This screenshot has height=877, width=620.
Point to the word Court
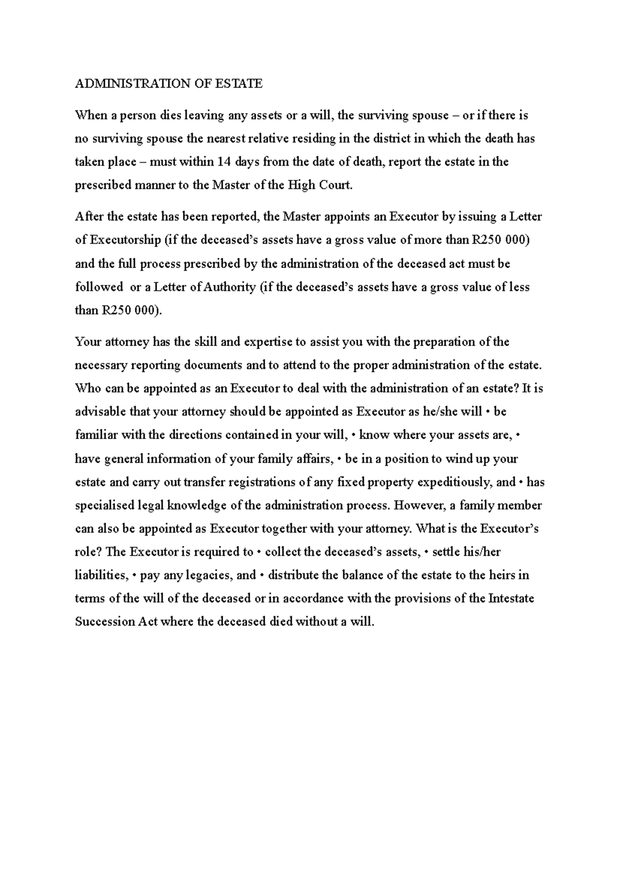tap(336, 185)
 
